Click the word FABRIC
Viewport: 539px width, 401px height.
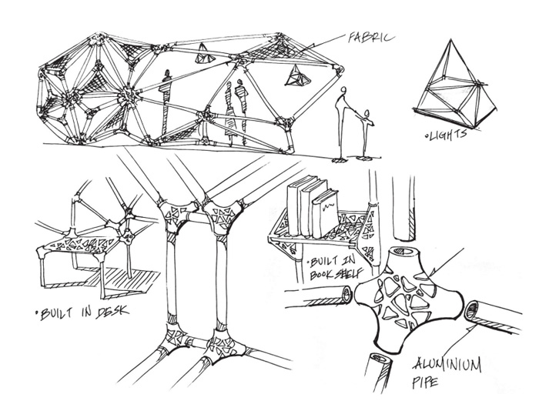click(x=370, y=37)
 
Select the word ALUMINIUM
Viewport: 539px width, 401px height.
click(x=447, y=365)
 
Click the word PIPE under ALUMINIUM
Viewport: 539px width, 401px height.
click(x=426, y=382)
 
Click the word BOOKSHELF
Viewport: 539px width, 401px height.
click(x=336, y=274)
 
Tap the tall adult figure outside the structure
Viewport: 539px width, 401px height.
click(x=343, y=124)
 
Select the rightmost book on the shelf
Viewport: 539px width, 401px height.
click(x=325, y=214)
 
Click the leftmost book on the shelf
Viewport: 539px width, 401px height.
click(x=296, y=206)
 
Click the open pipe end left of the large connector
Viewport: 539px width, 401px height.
click(x=346, y=294)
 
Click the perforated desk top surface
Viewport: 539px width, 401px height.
click(x=79, y=244)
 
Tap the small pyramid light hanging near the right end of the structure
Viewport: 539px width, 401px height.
click(x=297, y=75)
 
